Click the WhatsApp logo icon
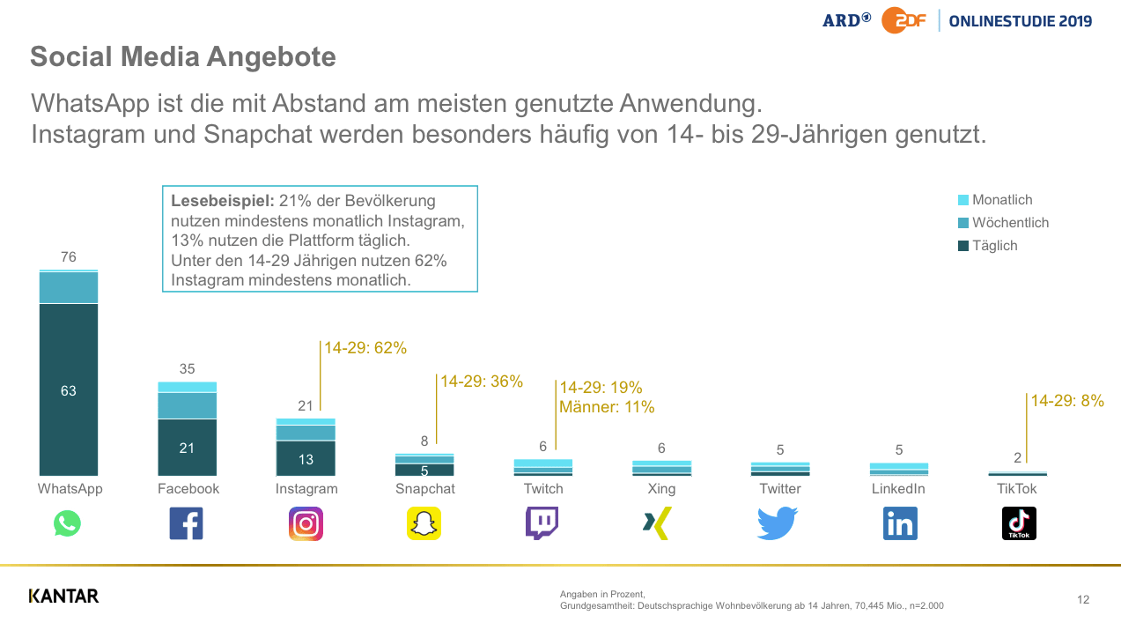pos(67,523)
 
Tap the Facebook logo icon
pos(186,523)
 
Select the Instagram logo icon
pos(306,523)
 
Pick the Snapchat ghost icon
pos(424,523)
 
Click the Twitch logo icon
pos(542,523)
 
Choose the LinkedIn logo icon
pos(899,523)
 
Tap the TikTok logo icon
pos(1019,523)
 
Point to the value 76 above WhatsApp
pos(69,257)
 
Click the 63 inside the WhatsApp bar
pos(69,391)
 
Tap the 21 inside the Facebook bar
pos(187,448)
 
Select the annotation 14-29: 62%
pos(365,348)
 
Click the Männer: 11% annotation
pos(607,407)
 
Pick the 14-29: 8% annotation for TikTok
pos(1067,401)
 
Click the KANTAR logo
pos(63,597)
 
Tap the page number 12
pos(1083,600)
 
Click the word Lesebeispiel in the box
pos(222,201)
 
